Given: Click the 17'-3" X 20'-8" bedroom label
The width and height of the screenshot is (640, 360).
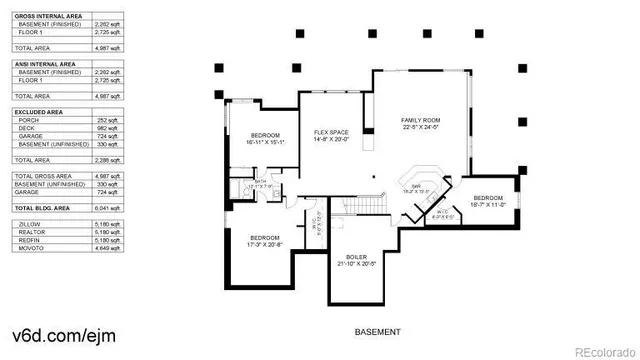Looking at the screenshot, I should coord(265,240).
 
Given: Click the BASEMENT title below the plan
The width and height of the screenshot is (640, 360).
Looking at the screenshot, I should coord(378,331).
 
